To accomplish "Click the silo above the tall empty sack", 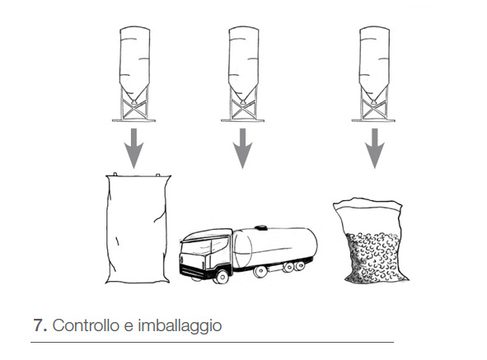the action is pos(134,74).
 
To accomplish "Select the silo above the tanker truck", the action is pos(243,74).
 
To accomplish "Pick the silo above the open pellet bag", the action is pos(374,74).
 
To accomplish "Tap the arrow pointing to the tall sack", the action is pos(133,148).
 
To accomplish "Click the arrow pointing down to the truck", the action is pos(242,148).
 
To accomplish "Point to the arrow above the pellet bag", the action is pos(375,148).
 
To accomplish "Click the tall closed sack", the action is pos(138,228).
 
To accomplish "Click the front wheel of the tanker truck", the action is pos(222,276).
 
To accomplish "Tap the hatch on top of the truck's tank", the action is pos(260,227).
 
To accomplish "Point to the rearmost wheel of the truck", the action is pos(300,265).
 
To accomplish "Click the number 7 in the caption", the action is pos(39,325).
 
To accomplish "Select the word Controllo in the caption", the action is pos(86,325).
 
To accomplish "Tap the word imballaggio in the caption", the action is pos(180,326).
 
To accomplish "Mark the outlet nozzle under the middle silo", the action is pos(242,101).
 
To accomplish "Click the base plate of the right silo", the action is pos(373,120).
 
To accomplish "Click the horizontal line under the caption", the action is pos(212,342).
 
